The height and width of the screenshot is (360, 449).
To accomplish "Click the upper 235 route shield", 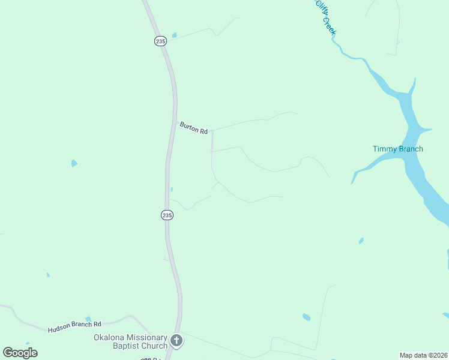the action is pos(160,41).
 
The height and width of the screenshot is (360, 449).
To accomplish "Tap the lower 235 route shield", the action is pos(167,215).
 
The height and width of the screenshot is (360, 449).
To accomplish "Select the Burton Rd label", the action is pos(193,128).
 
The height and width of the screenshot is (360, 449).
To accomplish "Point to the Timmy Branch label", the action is pos(397,149).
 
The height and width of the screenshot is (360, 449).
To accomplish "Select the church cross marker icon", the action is pos(176,341).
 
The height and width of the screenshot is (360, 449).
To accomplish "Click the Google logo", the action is pos(20,352).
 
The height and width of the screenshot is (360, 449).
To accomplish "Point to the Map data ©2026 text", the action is pos(423,355).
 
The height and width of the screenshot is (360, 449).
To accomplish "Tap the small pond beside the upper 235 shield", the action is pos(174,35).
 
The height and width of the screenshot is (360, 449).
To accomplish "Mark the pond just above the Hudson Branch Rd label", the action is pos(88,319).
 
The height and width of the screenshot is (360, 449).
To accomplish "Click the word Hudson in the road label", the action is pos(62,327).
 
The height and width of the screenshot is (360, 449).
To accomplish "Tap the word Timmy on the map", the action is pos(385,149).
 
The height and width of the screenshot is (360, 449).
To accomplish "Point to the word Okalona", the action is pos(109,337).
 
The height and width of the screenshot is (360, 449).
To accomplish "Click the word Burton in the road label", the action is pos(189,126).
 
